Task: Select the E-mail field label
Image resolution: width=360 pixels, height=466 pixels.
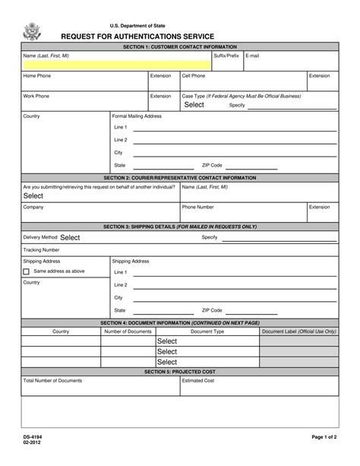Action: point(252,56)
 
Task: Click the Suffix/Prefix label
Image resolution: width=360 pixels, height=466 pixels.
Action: point(226,56)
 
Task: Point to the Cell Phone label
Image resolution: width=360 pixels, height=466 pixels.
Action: point(194,76)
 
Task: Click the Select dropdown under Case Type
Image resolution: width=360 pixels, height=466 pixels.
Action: point(194,105)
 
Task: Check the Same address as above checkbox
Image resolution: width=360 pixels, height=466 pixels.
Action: point(27,271)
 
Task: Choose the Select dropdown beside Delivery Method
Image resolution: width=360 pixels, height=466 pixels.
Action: point(70,238)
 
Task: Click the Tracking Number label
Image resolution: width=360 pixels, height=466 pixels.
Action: point(41,249)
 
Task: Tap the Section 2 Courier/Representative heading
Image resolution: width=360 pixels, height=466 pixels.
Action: point(179,177)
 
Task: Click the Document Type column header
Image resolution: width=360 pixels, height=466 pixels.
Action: point(207,331)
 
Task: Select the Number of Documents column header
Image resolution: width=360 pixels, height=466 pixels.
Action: point(128,331)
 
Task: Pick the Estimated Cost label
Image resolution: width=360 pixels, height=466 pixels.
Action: point(198,380)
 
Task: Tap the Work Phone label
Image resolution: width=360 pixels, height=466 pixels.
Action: point(37,97)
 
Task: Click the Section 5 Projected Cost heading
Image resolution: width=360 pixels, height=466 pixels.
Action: point(179,372)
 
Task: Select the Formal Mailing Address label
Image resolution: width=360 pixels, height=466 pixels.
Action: point(137,116)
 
